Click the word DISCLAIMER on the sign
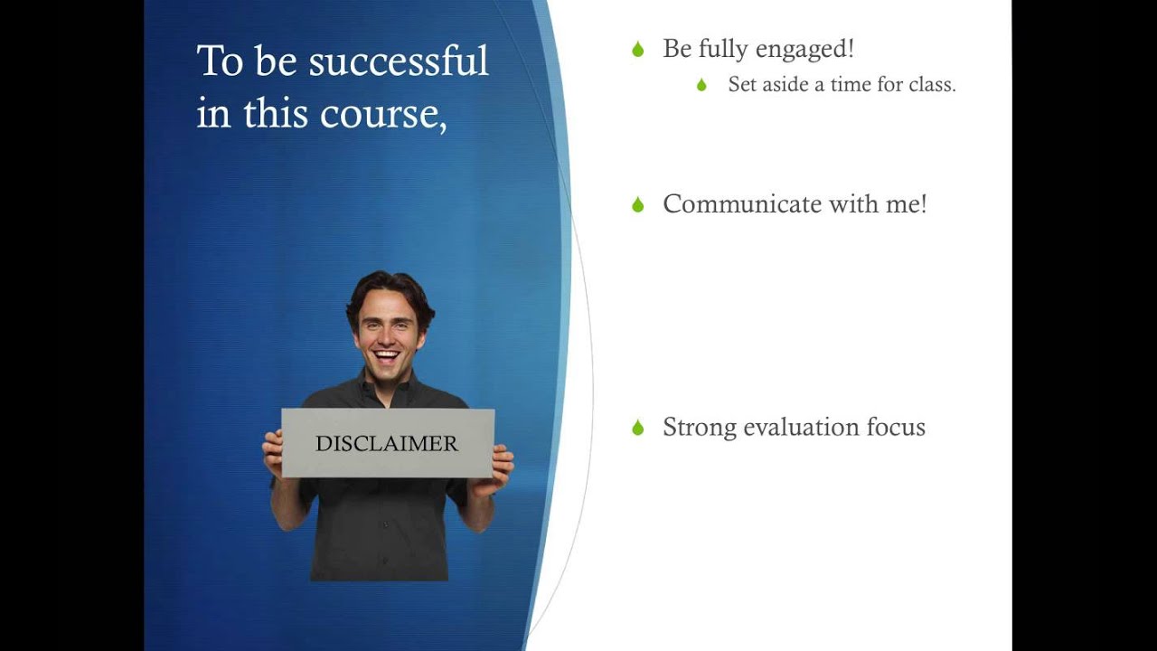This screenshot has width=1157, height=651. (x=387, y=444)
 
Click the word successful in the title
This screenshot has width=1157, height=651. (x=399, y=61)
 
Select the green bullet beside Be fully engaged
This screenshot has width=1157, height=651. (x=638, y=50)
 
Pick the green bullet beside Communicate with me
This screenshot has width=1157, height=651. (x=638, y=205)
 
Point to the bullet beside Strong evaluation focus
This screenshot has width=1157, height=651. (x=638, y=428)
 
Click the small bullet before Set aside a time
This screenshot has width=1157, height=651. (x=701, y=85)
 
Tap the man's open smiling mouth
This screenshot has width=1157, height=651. (x=387, y=354)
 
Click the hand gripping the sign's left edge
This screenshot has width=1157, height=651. (x=272, y=452)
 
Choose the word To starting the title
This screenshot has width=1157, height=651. (x=220, y=61)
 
